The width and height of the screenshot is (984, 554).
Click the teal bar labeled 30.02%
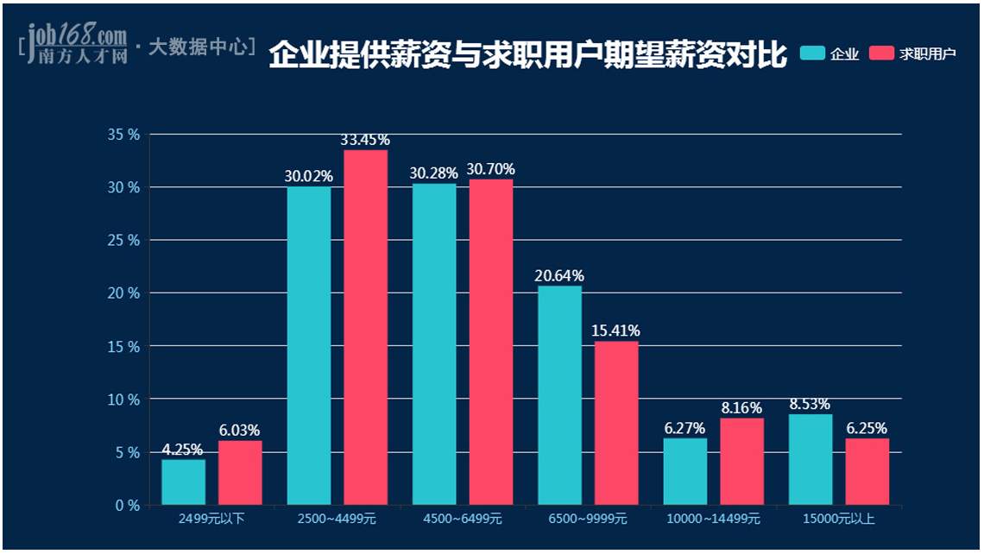coord(308,345)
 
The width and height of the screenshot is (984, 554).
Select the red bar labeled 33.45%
coord(365,328)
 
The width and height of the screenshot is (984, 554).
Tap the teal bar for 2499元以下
coord(183,482)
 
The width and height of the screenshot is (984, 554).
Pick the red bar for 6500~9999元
coord(616,423)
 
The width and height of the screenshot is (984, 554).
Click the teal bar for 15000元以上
coord(811,460)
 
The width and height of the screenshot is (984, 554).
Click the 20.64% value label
coord(559,276)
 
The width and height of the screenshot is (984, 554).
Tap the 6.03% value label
coord(240,431)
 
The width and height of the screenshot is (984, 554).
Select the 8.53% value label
coord(810,404)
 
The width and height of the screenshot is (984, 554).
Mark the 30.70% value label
coord(490,169)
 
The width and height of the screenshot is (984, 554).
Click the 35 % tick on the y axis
coord(123,135)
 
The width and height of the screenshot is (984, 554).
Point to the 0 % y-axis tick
coord(127,506)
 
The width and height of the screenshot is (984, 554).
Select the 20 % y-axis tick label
coord(123,293)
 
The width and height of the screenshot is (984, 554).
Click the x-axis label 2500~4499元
coord(337,519)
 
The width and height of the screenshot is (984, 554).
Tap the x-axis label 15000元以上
coord(839,519)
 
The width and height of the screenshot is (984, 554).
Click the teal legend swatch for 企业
coord(812,54)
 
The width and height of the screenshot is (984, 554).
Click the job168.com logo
coord(77,43)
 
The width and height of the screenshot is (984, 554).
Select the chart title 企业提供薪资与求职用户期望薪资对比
coord(527,55)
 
